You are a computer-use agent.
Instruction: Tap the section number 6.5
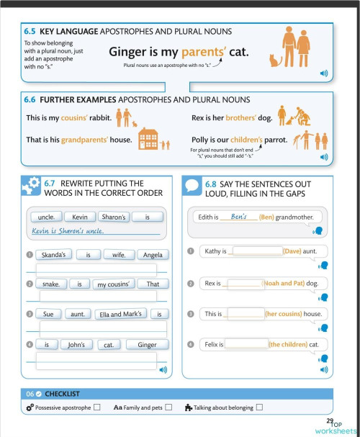(30, 32)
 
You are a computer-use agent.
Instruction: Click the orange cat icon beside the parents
(274, 60)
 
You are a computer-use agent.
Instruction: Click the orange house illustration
(148, 138)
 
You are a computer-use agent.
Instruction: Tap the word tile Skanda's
(54, 255)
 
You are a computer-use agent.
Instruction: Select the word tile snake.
(51, 284)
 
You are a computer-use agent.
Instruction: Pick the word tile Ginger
(147, 345)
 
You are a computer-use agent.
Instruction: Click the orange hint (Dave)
(292, 251)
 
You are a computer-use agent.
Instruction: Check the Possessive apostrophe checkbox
(96, 407)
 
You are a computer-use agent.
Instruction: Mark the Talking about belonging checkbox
(259, 407)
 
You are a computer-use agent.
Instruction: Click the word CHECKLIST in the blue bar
(62, 394)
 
